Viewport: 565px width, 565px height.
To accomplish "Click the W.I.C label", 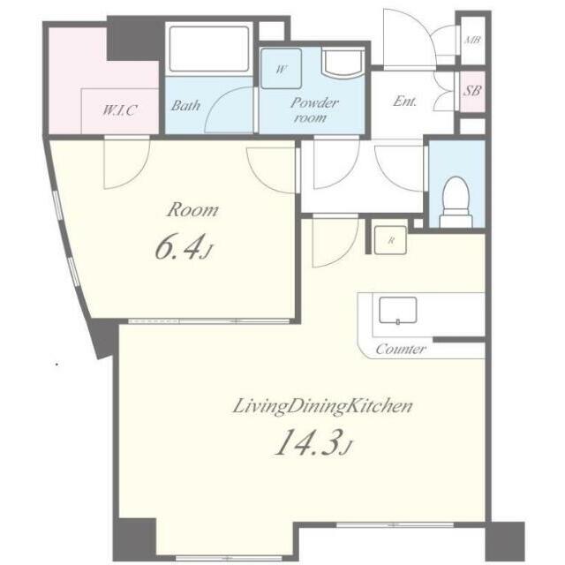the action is coord(119,109).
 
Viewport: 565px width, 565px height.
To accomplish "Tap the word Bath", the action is coord(185,106).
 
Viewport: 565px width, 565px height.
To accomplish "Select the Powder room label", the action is coord(314,109).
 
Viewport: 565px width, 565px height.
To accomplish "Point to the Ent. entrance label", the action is coord(404,101).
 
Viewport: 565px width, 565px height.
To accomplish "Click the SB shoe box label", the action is coord(472,90).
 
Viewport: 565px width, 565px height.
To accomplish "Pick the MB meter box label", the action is coord(472,40).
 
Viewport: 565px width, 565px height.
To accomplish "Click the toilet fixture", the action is coord(456,202).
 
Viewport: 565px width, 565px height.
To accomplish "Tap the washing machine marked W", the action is coord(281,69).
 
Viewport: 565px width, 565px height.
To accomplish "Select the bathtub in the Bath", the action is coord(209,49).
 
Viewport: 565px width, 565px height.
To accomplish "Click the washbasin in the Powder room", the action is coord(343,64).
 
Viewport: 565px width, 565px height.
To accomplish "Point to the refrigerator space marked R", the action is coord(390,240).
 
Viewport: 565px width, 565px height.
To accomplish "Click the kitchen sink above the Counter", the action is coord(398,310).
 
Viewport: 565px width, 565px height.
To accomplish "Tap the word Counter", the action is coord(401,349).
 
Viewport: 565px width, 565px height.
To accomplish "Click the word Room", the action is coord(192,210).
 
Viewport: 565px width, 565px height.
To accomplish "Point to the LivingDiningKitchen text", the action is coord(322,406).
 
